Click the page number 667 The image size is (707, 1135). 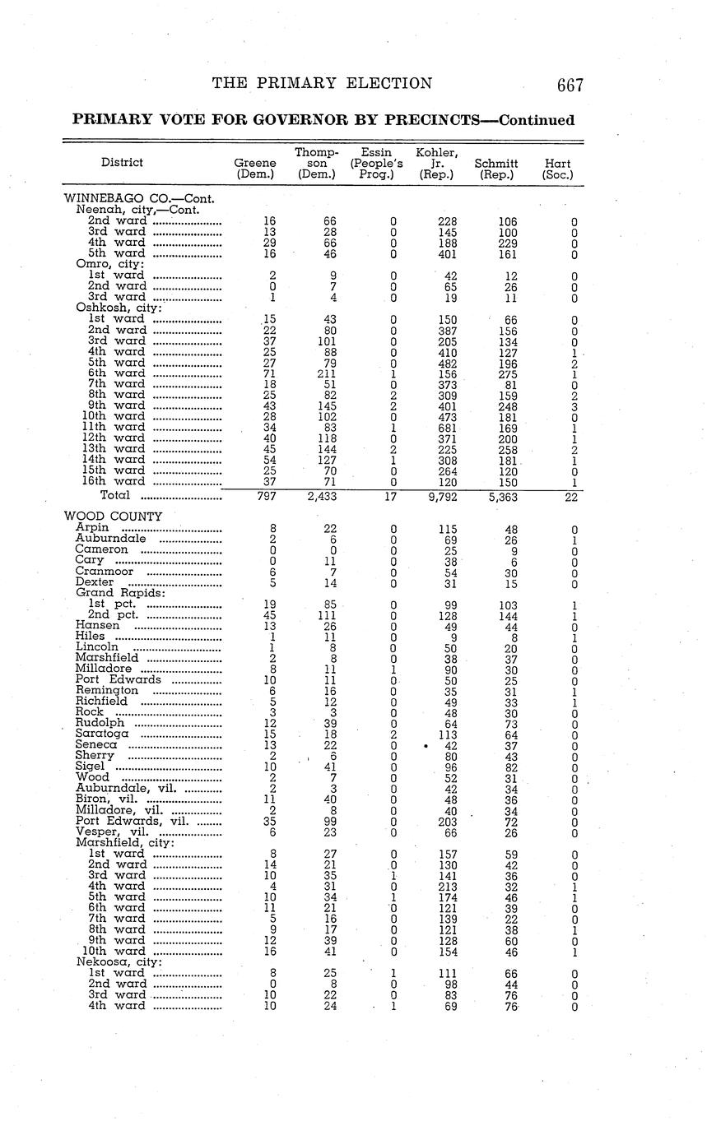pos(570,85)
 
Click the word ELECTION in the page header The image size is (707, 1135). pos(389,83)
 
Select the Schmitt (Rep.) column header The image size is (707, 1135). pos(496,169)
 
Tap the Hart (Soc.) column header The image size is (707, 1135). pos(557,169)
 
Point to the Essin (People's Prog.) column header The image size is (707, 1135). pos(377,163)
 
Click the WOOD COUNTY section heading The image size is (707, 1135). pos(114,517)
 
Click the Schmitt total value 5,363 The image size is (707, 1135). pos(505,497)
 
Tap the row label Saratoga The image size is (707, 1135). pos(102,733)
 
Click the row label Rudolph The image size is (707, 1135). pos(100,722)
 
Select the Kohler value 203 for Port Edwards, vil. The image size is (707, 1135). pos(449,820)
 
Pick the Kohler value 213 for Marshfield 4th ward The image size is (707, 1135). pos(449,886)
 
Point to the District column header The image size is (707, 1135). pos(122,163)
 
